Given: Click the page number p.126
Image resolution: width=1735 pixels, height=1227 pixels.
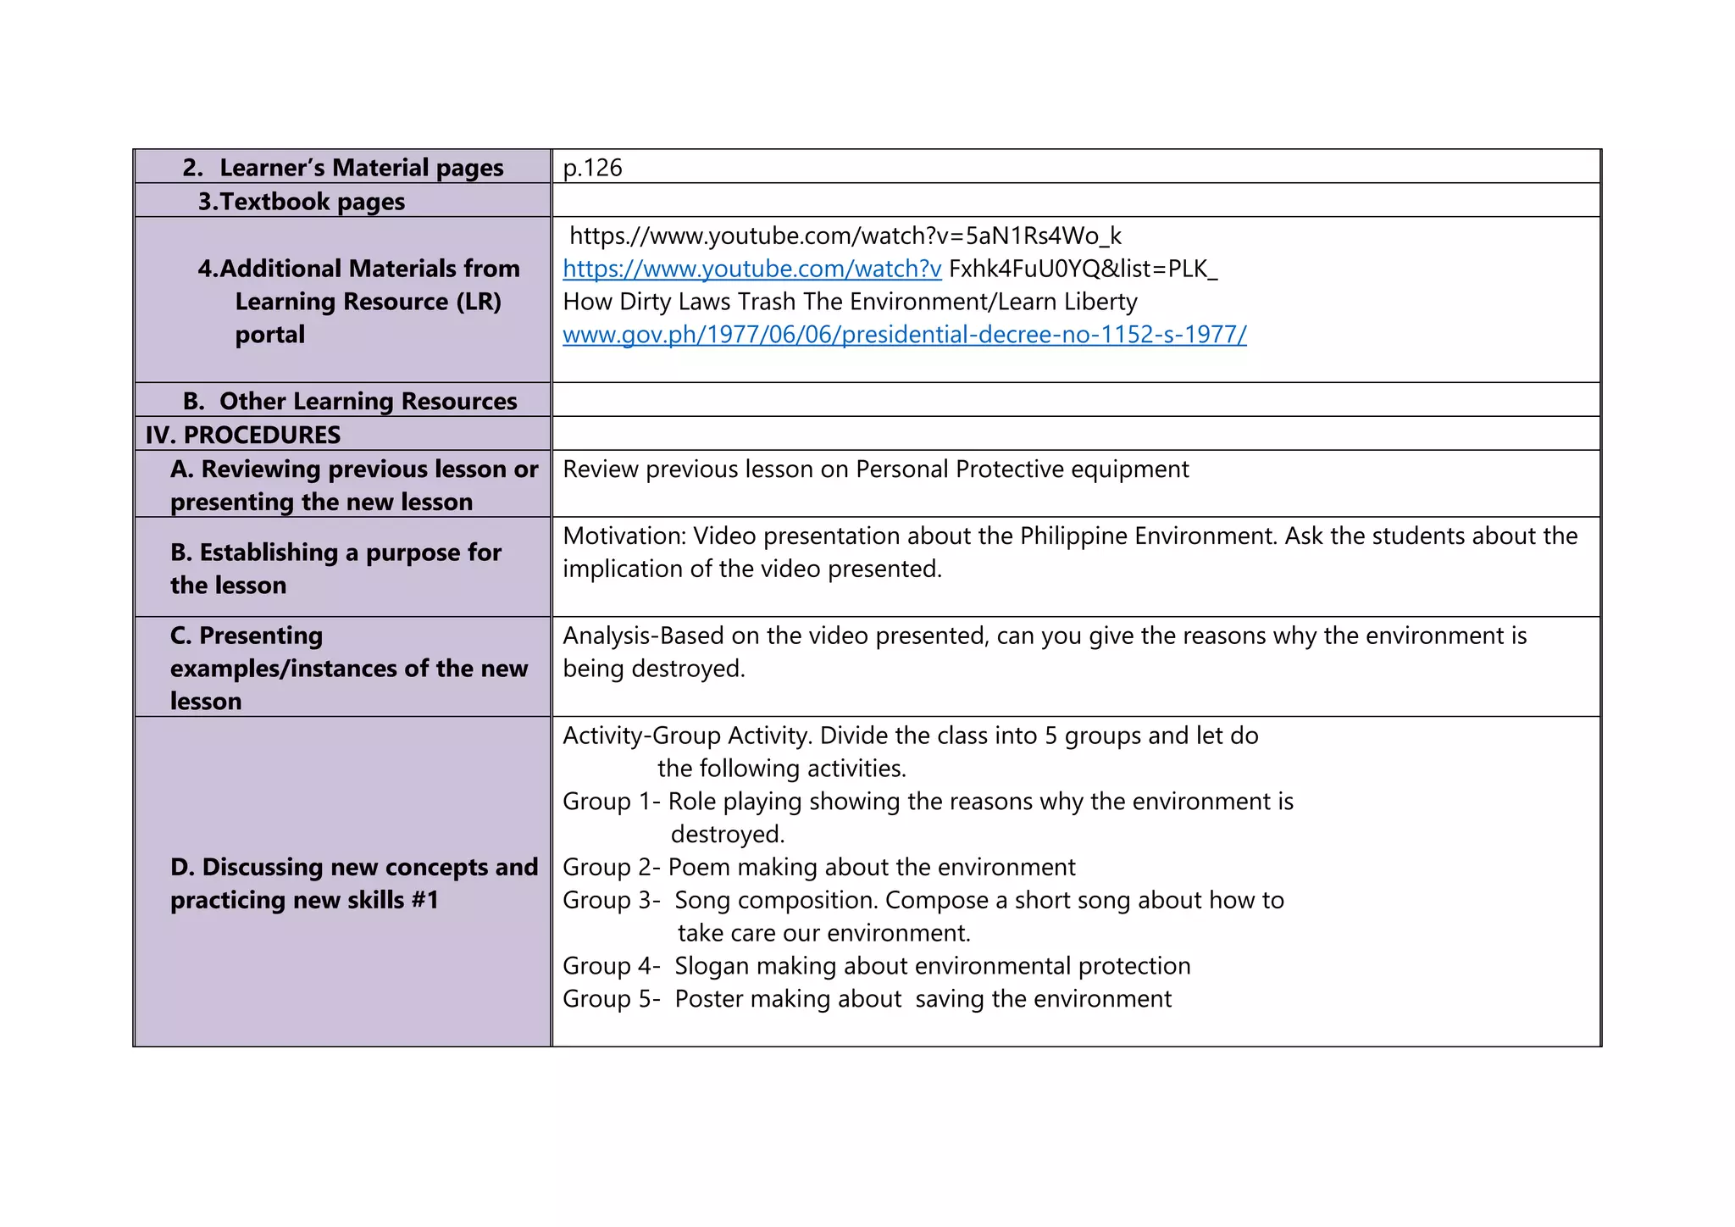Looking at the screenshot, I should [592, 168].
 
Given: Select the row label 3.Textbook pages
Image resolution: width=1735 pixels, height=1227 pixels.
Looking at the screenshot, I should [302, 202].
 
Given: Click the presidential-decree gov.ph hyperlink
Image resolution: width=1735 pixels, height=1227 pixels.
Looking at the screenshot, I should [904, 335].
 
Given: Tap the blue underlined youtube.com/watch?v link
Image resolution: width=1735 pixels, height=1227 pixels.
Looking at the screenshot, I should [751, 269].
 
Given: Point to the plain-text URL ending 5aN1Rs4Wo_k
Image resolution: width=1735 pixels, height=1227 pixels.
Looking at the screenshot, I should [845, 236].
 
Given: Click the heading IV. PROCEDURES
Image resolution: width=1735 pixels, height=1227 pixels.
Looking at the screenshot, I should [243, 435].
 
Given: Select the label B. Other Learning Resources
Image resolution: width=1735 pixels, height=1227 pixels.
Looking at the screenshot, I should [350, 401].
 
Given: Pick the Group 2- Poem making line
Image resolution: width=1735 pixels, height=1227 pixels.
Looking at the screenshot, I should [818, 867].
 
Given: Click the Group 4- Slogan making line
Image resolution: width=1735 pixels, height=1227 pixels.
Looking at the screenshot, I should [876, 966].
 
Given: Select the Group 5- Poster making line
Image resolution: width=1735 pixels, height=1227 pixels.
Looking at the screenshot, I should [867, 999].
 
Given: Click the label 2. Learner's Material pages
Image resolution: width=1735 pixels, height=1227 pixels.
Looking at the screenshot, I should [343, 168].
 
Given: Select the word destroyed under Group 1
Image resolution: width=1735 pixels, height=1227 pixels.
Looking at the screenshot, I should [727, 835].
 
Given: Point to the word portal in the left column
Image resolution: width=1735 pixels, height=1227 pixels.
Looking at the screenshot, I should [269, 335].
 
